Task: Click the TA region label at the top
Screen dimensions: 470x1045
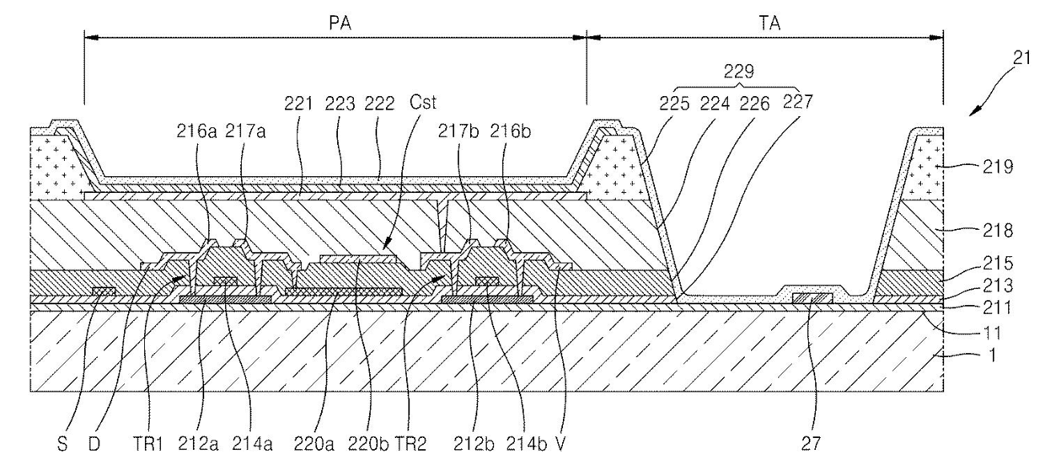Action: tap(769, 23)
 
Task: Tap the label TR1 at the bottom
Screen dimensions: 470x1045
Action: tap(150, 442)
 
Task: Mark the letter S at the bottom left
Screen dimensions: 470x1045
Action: tap(62, 442)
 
